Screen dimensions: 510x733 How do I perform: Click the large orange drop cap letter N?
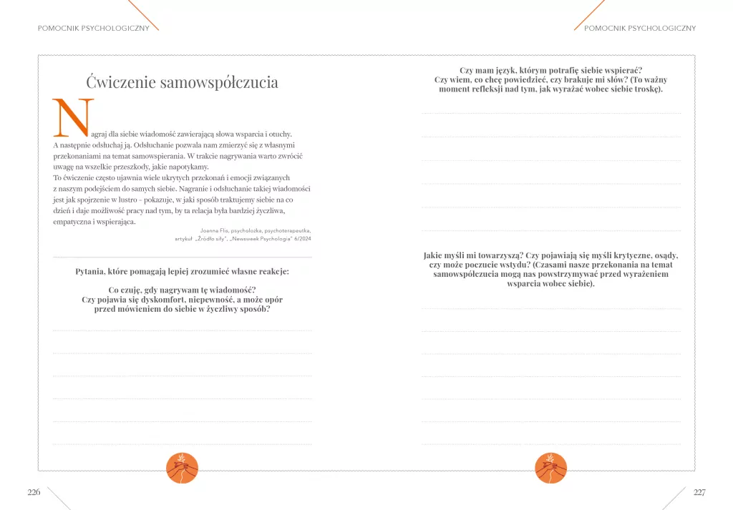(73, 118)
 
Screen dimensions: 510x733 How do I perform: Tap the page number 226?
(34, 492)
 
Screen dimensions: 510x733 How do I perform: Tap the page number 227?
(699, 492)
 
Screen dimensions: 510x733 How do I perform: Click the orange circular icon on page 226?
(182, 468)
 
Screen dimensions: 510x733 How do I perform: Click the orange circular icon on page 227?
(550, 468)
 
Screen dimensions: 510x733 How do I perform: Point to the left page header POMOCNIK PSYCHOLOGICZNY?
(94, 29)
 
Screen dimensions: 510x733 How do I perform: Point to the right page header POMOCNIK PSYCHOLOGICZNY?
(640, 29)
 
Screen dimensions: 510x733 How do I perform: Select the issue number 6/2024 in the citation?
(301, 239)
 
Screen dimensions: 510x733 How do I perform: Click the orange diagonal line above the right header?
(589, 14)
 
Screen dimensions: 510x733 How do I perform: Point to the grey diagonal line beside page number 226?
(59, 499)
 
